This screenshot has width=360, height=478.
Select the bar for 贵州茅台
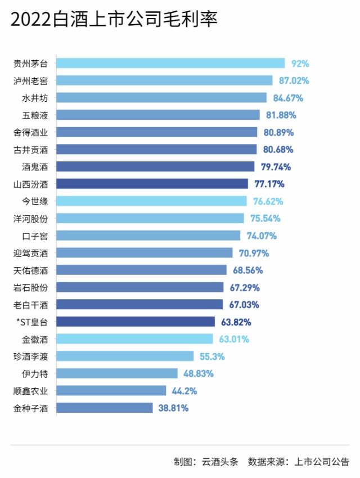170,64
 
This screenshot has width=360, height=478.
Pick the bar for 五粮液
158,115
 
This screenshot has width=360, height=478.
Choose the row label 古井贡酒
30,150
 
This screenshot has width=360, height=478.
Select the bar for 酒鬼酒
155,166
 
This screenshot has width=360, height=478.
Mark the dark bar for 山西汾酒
152,184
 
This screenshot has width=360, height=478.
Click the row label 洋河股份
30,218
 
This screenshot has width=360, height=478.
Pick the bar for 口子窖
148,236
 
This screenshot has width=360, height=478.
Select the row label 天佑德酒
30,270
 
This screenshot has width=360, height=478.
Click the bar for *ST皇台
136,322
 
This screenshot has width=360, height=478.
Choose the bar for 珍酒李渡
125,356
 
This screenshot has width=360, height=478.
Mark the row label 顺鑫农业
30,391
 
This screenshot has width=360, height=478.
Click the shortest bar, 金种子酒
105,408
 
